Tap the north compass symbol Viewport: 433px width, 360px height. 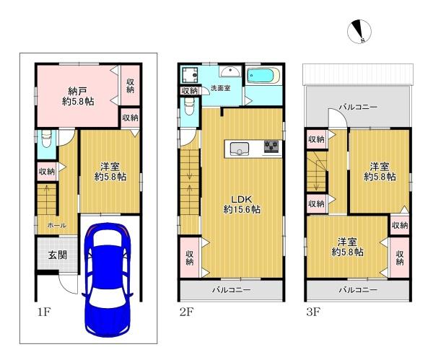pyautogui.click(x=359, y=32)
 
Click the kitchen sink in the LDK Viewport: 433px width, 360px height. pyautogui.click(x=240, y=149)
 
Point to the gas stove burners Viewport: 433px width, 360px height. pyautogui.click(x=271, y=146)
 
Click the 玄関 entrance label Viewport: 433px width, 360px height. pyautogui.click(x=58, y=255)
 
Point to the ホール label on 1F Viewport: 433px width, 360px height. pyautogui.click(x=56, y=225)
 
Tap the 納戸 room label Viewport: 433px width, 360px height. pyautogui.click(x=78, y=91)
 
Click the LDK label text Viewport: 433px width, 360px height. pyautogui.click(x=241, y=199)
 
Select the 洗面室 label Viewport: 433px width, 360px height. pyautogui.click(x=221, y=88)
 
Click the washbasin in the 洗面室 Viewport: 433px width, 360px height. pyautogui.click(x=229, y=71)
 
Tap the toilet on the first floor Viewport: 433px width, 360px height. pyautogui.click(x=46, y=139)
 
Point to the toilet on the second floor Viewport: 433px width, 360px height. pyautogui.click(x=190, y=107)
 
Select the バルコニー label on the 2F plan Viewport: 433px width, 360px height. pyautogui.click(x=232, y=290)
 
